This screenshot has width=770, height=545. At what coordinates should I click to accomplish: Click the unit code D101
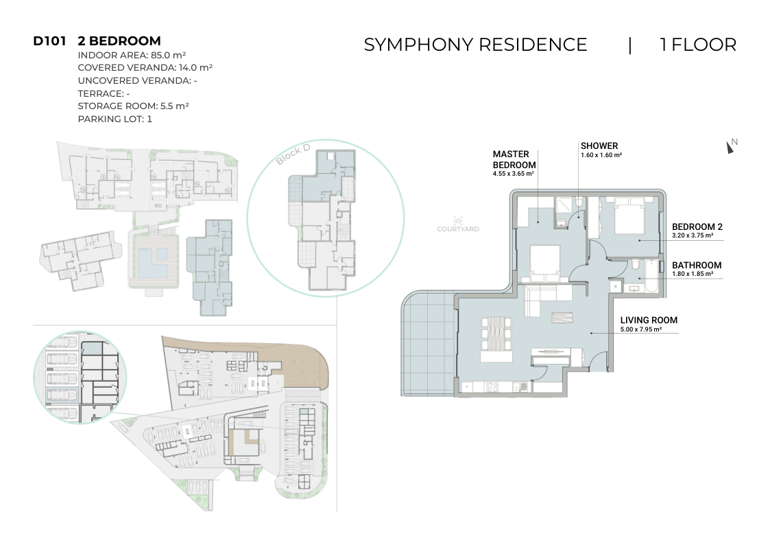coord(49,40)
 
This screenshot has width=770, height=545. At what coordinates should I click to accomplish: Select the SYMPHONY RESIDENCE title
coord(475,45)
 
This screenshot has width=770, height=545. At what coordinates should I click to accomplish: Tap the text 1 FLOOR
coord(698,45)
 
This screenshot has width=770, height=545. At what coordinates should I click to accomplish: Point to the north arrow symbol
coord(731,146)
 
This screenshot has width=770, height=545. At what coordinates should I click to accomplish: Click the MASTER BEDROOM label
coord(514,160)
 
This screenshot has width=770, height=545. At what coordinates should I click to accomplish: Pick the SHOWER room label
coord(599,146)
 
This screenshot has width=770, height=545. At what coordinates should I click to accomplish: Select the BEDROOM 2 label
coord(697,227)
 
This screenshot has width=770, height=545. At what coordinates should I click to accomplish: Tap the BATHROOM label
coord(697,266)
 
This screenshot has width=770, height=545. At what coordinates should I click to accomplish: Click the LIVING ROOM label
coord(649,321)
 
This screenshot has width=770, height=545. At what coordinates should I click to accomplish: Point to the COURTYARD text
coord(457,229)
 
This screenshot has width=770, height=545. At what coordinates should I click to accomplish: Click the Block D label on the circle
coord(293,154)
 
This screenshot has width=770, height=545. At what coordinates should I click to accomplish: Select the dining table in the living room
coord(496,334)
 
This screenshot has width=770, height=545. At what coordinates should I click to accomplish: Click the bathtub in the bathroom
coord(651,276)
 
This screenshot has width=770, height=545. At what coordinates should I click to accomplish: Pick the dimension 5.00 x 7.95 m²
coord(641,329)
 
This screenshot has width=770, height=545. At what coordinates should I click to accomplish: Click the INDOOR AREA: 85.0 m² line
coord(132,55)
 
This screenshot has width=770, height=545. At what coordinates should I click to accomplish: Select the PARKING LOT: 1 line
coord(115,119)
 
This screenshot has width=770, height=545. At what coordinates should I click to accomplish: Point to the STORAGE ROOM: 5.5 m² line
coord(133,106)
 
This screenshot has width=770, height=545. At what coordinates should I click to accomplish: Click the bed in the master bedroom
coord(545,263)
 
